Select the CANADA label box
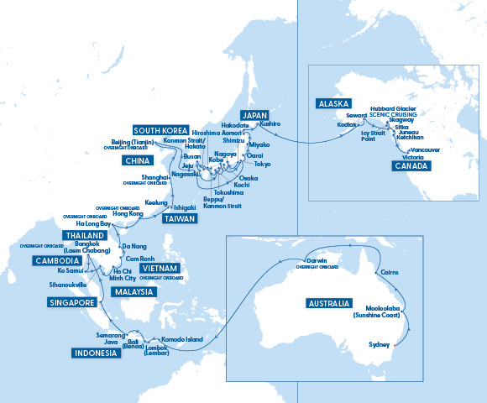click(x=411, y=166)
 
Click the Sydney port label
click(x=381, y=345)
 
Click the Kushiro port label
click(x=269, y=123)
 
